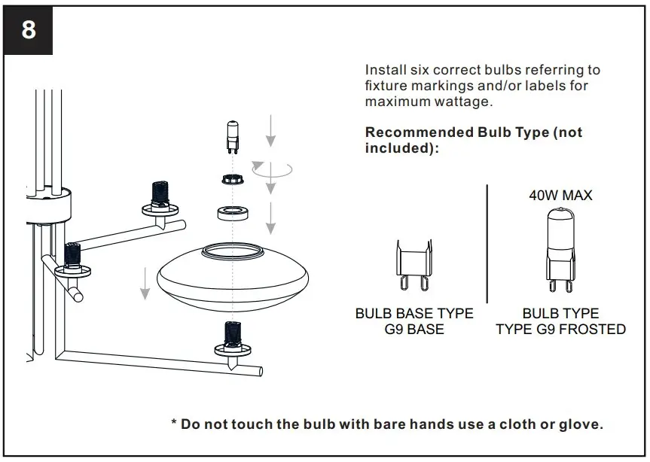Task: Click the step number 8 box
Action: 29,31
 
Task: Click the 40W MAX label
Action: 560,196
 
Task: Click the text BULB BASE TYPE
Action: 414,313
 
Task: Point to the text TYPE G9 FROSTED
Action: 560,330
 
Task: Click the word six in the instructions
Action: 424,70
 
